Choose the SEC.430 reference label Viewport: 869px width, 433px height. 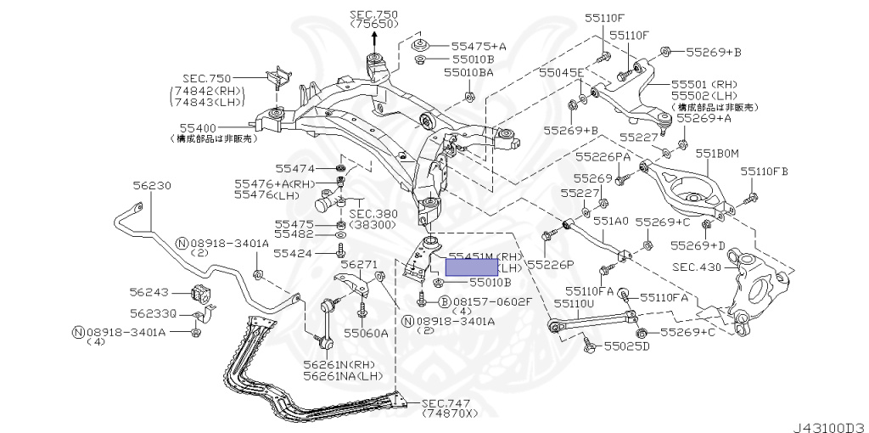pos(697,267)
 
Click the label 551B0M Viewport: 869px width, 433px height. pos(717,154)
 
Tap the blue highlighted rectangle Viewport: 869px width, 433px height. pos(473,266)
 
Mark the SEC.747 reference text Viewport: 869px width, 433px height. pos(446,403)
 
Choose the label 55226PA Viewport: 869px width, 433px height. pos(603,157)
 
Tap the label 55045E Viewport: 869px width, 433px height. pos(562,74)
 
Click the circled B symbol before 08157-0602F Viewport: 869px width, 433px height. pos(444,301)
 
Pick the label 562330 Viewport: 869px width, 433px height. pos(153,313)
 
